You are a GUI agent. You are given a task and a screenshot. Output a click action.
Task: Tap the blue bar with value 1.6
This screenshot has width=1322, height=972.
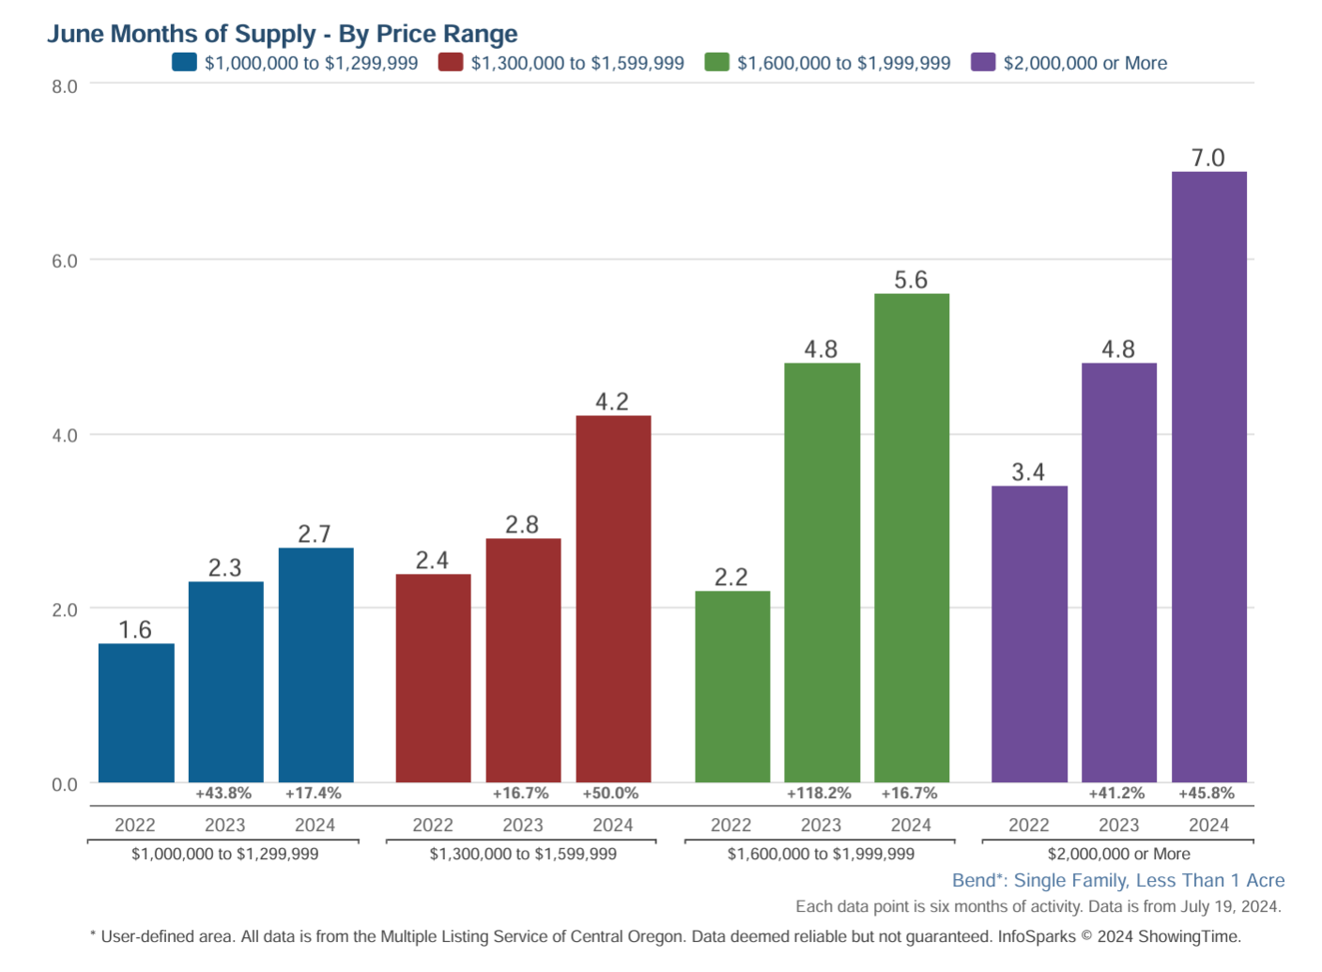(136, 713)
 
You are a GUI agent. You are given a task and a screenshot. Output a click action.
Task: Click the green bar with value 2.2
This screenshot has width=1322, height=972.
(732, 687)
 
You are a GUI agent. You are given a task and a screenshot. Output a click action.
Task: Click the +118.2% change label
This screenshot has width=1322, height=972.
(819, 794)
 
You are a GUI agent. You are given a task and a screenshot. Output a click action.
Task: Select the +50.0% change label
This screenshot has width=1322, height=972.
(610, 794)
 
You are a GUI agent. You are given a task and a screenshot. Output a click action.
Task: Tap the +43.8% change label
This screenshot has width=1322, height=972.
(223, 794)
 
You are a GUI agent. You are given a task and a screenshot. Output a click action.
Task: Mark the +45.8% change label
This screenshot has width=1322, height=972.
(1207, 794)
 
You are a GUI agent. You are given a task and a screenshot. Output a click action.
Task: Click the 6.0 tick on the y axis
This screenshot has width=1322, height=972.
(65, 261)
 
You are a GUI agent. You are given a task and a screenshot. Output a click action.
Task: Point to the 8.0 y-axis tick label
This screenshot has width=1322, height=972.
(65, 86)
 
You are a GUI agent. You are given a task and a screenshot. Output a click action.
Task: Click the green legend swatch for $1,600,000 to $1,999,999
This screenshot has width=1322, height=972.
(716, 63)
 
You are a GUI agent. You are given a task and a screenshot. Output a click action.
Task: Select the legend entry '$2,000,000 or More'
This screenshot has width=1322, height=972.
(1084, 63)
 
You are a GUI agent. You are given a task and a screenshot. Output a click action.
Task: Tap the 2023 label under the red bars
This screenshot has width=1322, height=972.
(523, 825)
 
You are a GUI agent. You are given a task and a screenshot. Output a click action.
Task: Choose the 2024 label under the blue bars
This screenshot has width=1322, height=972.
(315, 825)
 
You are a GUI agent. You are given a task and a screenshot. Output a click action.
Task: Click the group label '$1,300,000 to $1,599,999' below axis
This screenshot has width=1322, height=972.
(523, 855)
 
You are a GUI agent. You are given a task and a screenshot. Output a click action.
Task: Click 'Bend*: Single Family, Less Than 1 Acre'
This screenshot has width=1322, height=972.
(1118, 881)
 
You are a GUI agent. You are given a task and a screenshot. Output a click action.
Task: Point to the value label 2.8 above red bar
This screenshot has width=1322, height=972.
(522, 525)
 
